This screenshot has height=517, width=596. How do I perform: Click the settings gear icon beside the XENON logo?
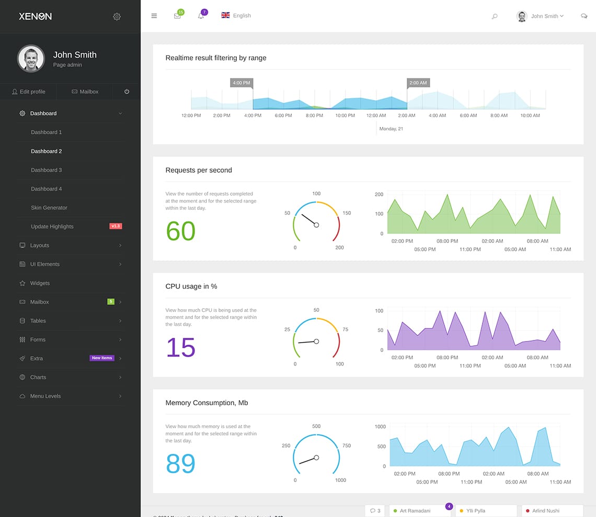tap(117, 17)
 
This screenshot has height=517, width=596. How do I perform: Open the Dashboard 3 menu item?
tap(47, 170)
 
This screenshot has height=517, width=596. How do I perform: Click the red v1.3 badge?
tap(116, 226)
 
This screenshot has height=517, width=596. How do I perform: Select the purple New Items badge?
tap(102, 358)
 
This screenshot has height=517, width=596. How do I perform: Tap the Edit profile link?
tap(29, 92)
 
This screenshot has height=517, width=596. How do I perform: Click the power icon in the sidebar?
tap(127, 92)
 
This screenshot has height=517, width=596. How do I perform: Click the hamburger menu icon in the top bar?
tap(154, 16)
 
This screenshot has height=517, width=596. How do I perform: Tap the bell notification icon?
tap(201, 16)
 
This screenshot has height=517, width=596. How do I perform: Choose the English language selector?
tap(236, 16)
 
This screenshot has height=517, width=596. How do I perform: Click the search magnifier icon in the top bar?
tap(495, 17)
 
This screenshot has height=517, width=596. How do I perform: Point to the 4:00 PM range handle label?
tap(242, 83)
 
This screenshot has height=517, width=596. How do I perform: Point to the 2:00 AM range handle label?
tap(418, 83)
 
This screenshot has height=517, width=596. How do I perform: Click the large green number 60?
tap(180, 231)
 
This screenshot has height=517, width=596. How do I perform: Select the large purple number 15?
tap(180, 348)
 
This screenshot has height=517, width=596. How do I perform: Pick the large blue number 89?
tap(180, 464)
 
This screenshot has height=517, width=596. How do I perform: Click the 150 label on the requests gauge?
tap(347, 213)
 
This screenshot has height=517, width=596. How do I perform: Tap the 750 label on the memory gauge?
tap(347, 446)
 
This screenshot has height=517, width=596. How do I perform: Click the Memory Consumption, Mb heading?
tap(207, 403)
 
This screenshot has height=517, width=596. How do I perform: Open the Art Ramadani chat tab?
tap(415, 511)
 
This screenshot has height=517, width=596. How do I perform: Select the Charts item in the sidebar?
tap(38, 378)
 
